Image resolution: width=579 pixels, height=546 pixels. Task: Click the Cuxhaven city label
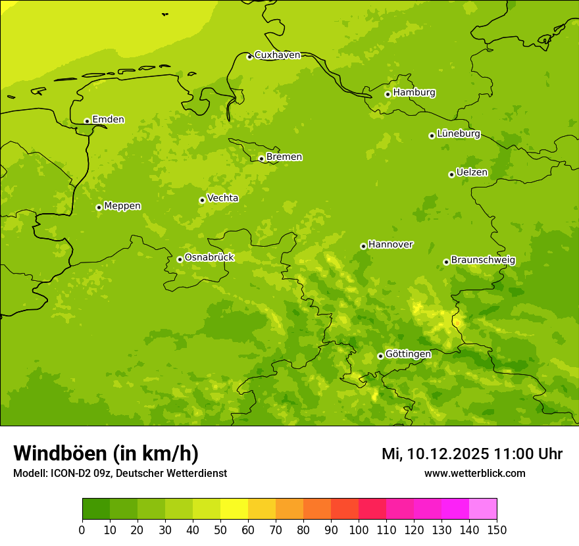pyautogui.click(x=277, y=55)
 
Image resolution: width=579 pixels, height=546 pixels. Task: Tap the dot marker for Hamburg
pyautogui.click(x=388, y=94)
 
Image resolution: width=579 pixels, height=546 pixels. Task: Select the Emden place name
pyautogui.click(x=108, y=120)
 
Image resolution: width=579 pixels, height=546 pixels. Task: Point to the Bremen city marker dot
pyautogui.click(x=261, y=159)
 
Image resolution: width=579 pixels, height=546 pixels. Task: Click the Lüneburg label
pyautogui.click(x=459, y=134)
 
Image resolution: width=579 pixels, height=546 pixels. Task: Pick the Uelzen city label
pyautogui.click(x=472, y=173)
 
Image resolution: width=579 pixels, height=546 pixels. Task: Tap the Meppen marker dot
pyautogui.click(x=99, y=207)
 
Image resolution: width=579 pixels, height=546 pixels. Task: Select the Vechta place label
pyautogui.click(x=222, y=198)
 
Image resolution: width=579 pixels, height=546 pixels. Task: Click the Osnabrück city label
pyautogui.click(x=209, y=258)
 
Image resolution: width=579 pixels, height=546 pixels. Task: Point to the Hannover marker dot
pyautogui.click(x=363, y=246)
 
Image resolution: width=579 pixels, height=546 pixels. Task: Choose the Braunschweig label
pyautogui.click(x=483, y=261)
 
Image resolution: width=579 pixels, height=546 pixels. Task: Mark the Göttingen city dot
pyautogui.click(x=380, y=356)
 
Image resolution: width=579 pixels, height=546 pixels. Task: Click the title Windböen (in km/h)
pyautogui.click(x=106, y=453)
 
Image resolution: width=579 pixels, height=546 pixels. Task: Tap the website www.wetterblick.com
pyautogui.click(x=474, y=473)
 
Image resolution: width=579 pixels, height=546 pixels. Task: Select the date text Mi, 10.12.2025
pyautogui.click(x=436, y=454)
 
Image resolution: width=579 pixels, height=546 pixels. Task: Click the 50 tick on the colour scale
pyautogui.click(x=220, y=530)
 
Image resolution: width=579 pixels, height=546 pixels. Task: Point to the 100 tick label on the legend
pyautogui.click(x=359, y=530)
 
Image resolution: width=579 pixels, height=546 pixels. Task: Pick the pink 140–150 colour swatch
pyautogui.click(x=482, y=509)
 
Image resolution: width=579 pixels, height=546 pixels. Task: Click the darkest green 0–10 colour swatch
pyautogui.click(x=96, y=509)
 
